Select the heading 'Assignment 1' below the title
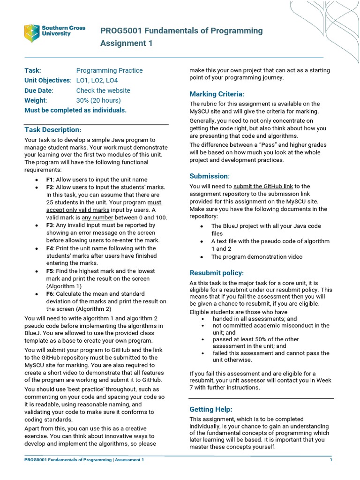pos(126,44)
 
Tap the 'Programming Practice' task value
pos(109,70)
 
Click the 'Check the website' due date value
pos(103,90)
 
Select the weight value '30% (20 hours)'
pos(98,100)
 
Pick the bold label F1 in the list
pos(50,180)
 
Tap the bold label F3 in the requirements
pos(50,225)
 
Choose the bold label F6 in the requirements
pos(50,293)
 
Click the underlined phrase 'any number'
pos(97,217)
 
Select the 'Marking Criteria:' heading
pos(217,94)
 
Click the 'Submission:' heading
pos(210,176)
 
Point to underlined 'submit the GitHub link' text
pos(263,186)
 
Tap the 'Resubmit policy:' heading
pos(216,273)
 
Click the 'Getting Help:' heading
pos(210,409)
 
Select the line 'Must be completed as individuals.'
pos(75,110)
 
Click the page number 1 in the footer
pos(331,460)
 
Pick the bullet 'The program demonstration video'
pos(256,257)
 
